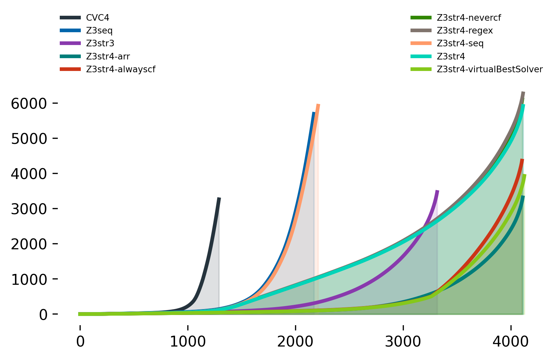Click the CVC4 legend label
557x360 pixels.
(x=98, y=18)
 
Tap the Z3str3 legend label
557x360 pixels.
(x=100, y=43)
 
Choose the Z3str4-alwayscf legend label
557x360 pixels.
(x=121, y=69)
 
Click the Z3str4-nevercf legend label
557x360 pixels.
(x=469, y=18)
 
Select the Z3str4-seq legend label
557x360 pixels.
(x=460, y=43)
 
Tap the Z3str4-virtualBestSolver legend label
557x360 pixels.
(x=490, y=69)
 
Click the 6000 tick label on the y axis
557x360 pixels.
(x=29, y=103)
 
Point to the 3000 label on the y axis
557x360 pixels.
(x=29, y=209)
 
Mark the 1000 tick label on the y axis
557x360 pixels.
(x=29, y=280)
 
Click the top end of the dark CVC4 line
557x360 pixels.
(x=219, y=198)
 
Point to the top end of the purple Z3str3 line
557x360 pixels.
(x=437, y=191)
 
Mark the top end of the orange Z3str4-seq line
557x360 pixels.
(x=318, y=104)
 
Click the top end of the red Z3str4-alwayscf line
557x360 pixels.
(x=522, y=159)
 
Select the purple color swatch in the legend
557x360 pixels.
(x=70, y=43)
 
